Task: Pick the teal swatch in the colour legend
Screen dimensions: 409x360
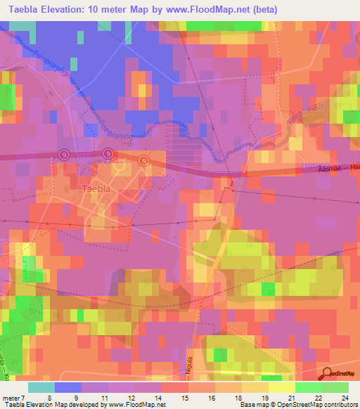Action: tap(41, 388)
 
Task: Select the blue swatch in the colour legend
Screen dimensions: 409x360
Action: tap(68, 388)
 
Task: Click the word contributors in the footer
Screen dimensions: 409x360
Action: tap(342, 404)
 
